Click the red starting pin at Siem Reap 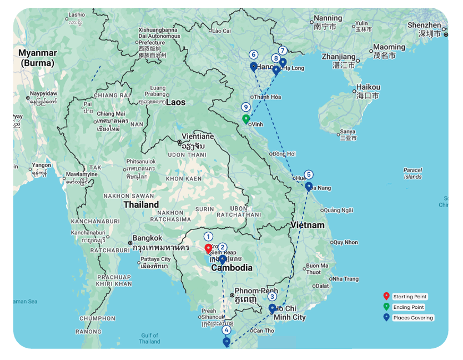209,249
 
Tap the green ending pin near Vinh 246,119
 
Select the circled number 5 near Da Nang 309,174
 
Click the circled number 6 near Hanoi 254,54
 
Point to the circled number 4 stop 227,330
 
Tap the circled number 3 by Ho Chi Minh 272,297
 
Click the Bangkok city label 147,238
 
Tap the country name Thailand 141,204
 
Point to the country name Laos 176,102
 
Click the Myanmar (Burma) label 38,58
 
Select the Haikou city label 368,87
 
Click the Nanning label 328,18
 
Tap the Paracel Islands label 412,173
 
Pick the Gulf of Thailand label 150,338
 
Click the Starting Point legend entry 410,297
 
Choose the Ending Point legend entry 408,307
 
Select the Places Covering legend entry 412,318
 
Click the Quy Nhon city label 345,242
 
